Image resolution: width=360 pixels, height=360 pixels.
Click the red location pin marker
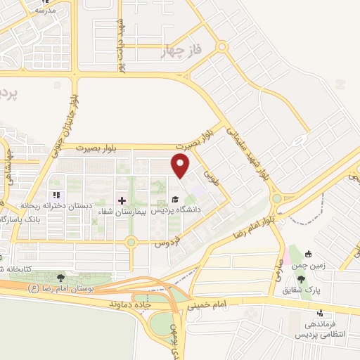pyautogui.click(x=181, y=166)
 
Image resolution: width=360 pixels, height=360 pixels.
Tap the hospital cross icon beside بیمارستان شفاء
pyautogui.click(x=122, y=200)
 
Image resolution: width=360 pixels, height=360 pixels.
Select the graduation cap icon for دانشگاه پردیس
pyautogui.click(x=174, y=199)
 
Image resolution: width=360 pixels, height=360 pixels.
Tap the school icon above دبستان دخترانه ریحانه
pyautogui.click(x=56, y=195)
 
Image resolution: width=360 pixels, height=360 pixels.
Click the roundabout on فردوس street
pyautogui.click(x=131, y=243)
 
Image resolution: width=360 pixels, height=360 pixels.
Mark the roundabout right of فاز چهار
pyautogui.click(x=222, y=48)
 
